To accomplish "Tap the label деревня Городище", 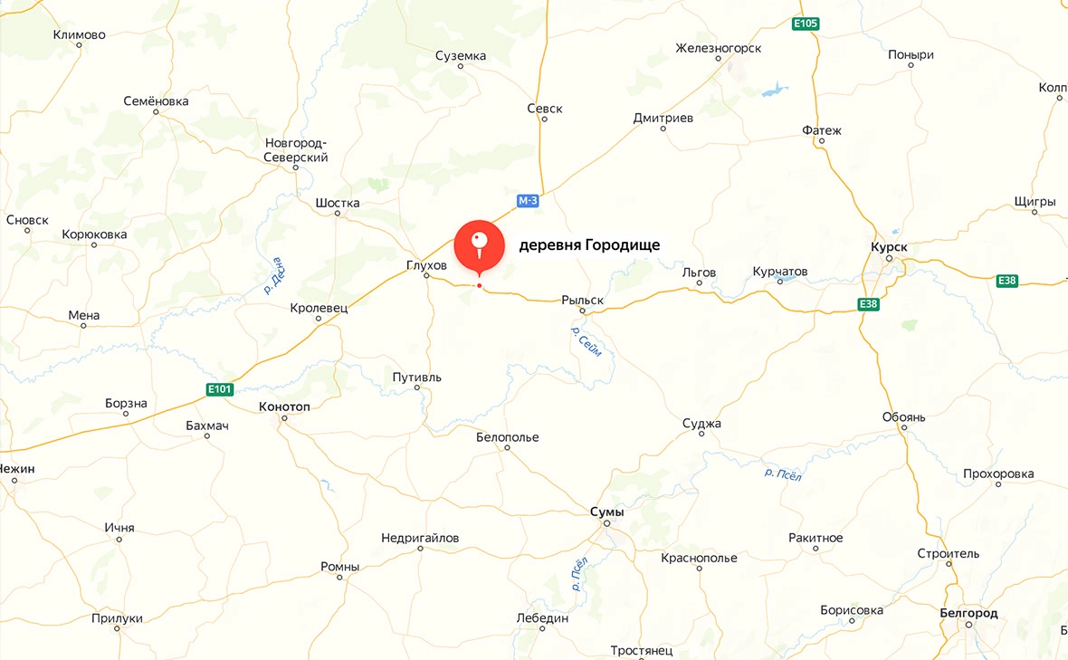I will pyautogui.click(x=589, y=245).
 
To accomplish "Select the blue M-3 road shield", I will pyautogui.click(x=528, y=200).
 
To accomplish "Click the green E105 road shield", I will pyautogui.click(x=806, y=24).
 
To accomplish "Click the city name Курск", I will pyautogui.click(x=888, y=246).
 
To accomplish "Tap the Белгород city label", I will pyautogui.click(x=968, y=613).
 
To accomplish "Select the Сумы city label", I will pyautogui.click(x=606, y=512).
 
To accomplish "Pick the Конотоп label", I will pyautogui.click(x=284, y=407).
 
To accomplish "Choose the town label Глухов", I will pyautogui.click(x=426, y=265).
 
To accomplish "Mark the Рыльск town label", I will pyautogui.click(x=582, y=300).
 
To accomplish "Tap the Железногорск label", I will pyautogui.click(x=719, y=48).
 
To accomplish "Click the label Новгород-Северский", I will pyautogui.click(x=296, y=150).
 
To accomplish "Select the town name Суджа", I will pyautogui.click(x=702, y=423).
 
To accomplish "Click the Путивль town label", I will pyautogui.click(x=416, y=377).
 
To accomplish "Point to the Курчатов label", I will pyautogui.click(x=780, y=272).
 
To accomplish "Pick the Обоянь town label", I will pyautogui.click(x=903, y=417).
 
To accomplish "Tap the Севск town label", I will pyautogui.click(x=545, y=109).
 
